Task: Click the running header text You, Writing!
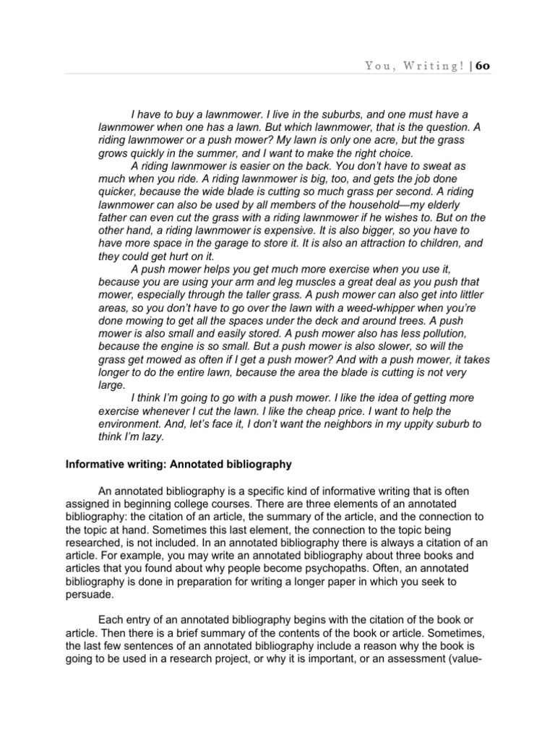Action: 414,66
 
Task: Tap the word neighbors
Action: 354,424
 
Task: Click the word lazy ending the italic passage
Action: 152,436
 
